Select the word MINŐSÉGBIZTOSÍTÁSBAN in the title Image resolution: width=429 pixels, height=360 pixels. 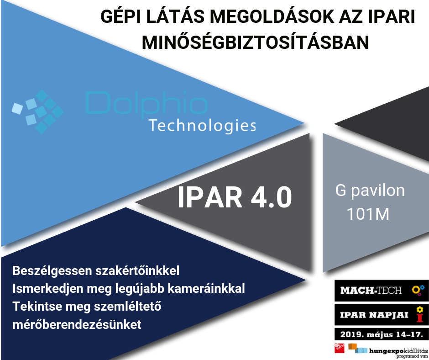click(x=256, y=42)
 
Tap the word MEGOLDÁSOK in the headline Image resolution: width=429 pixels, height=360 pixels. click(x=272, y=16)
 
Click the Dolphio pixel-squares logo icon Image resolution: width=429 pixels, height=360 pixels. click(x=38, y=111)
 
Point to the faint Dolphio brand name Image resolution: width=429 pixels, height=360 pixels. click(x=146, y=103)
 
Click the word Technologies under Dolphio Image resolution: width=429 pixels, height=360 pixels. click(x=202, y=126)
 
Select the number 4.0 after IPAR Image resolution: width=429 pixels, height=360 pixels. click(x=271, y=197)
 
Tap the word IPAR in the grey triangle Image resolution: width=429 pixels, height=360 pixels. click(x=210, y=197)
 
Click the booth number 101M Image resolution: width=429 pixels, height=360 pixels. click(x=368, y=214)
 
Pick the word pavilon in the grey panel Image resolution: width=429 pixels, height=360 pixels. click(x=378, y=191)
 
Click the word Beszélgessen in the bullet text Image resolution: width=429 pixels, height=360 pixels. click(x=52, y=271)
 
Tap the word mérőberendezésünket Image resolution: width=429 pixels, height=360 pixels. click(x=77, y=324)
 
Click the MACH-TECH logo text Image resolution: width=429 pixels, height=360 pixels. click(x=371, y=290)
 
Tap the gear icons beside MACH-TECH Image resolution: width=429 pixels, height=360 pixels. click(x=419, y=290)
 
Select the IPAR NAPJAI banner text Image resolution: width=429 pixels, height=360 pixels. click(x=374, y=315)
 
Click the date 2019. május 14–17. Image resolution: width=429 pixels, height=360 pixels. click(x=382, y=334)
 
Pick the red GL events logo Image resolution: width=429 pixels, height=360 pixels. click(x=339, y=348)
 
